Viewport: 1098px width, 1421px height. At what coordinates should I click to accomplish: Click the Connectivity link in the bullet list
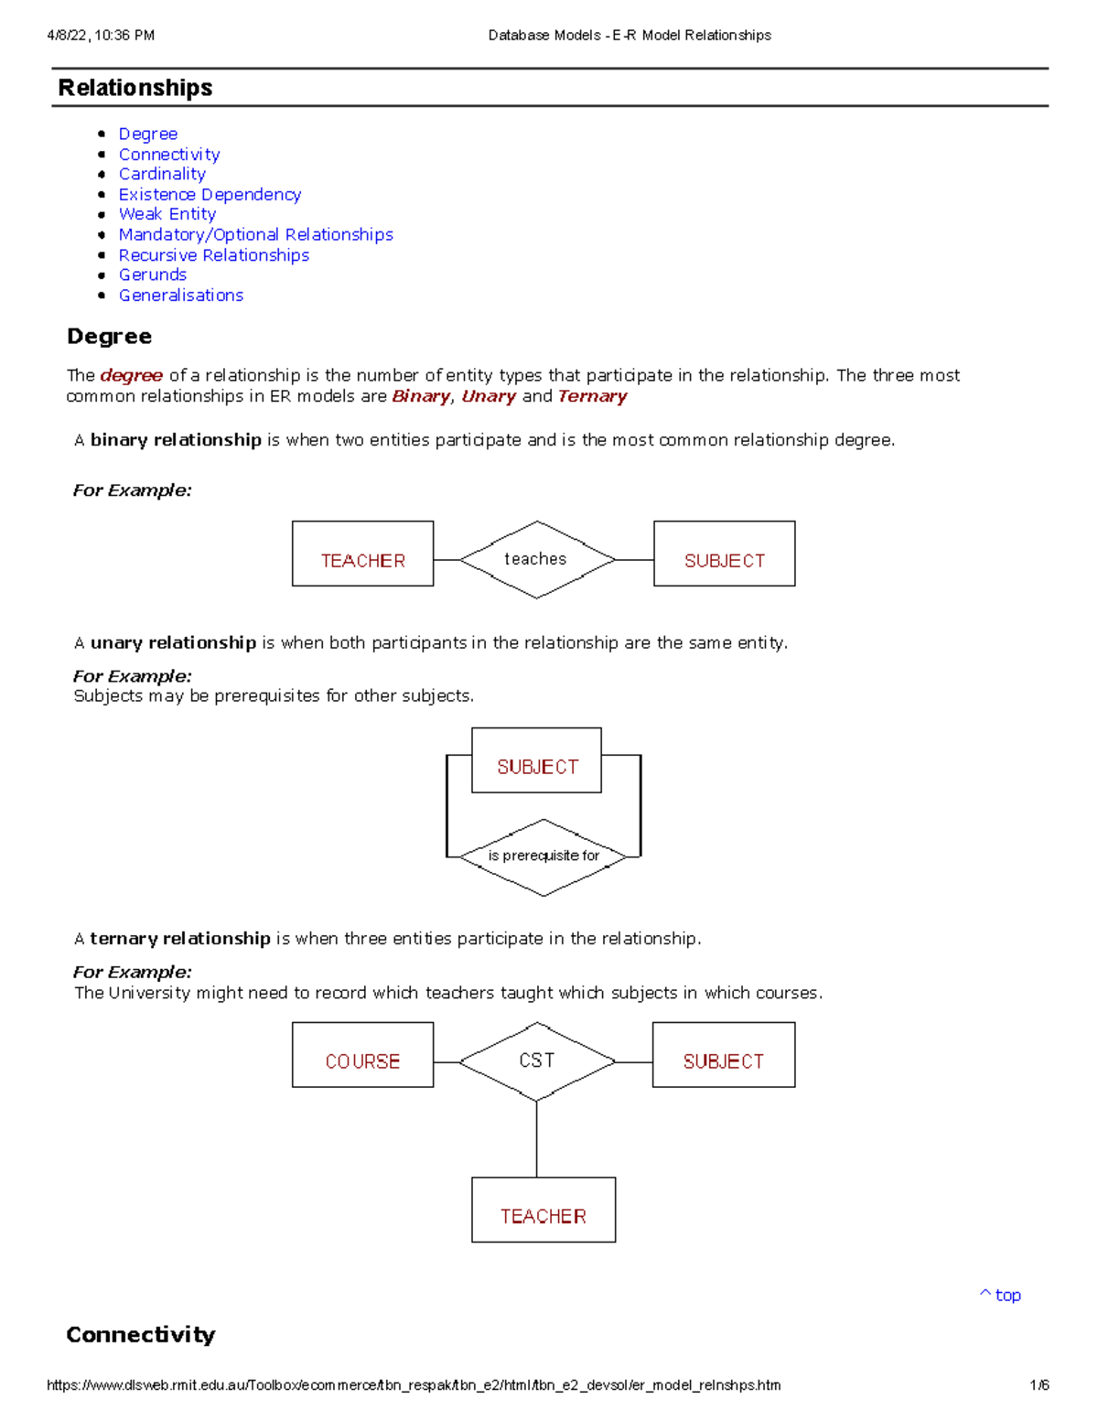pyautogui.click(x=169, y=155)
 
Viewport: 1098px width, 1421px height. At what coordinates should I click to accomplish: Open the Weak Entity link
pyautogui.click(x=167, y=214)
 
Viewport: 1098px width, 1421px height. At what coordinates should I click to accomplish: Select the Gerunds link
pyautogui.click(x=153, y=275)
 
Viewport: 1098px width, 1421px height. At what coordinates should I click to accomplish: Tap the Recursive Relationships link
pyautogui.click(x=214, y=255)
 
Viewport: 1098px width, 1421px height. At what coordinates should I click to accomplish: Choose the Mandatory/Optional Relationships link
pyautogui.click(x=256, y=235)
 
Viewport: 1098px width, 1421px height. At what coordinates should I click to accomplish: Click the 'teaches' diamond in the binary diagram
pyautogui.click(x=537, y=559)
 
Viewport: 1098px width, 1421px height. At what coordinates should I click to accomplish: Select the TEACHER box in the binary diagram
pyautogui.click(x=362, y=554)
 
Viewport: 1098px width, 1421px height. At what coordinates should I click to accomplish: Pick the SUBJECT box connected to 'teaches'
pyautogui.click(x=724, y=554)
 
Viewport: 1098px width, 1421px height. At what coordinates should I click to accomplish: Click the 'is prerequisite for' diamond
pyautogui.click(x=544, y=856)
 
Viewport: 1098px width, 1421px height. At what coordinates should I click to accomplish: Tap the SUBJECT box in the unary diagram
pyautogui.click(x=537, y=760)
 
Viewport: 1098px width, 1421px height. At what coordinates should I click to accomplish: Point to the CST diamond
pyautogui.click(x=537, y=1061)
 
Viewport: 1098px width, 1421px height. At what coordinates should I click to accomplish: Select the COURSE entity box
pyautogui.click(x=362, y=1055)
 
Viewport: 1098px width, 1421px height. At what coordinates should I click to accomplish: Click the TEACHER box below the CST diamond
pyautogui.click(x=544, y=1210)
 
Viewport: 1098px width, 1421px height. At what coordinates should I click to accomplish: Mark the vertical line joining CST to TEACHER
pyautogui.click(x=537, y=1139)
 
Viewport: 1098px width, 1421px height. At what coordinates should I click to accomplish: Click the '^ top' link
pyautogui.click(x=1001, y=1295)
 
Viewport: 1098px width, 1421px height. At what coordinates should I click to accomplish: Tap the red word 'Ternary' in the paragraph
pyautogui.click(x=592, y=396)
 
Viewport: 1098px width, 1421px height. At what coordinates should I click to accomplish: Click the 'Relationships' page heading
pyautogui.click(x=135, y=88)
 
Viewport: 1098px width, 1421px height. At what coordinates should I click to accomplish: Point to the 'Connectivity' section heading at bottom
pyautogui.click(x=141, y=1334)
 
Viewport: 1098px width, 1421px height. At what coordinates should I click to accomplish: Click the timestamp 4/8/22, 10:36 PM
pyautogui.click(x=101, y=36)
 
